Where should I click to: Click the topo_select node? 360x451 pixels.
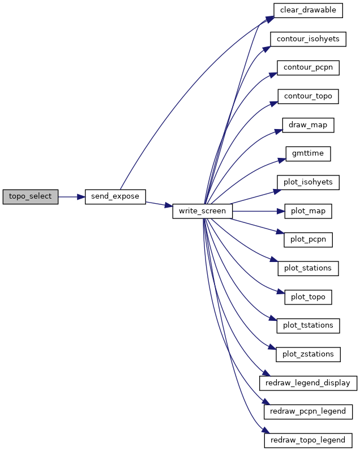(31, 197)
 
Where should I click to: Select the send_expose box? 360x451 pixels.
(115, 197)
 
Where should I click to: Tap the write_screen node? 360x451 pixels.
(202, 211)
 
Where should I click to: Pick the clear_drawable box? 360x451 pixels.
(308, 10)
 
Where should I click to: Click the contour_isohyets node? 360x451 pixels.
(308, 39)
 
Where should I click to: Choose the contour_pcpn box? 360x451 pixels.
(308, 68)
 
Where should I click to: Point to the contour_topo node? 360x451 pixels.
(308, 96)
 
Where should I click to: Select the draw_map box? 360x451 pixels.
(308, 125)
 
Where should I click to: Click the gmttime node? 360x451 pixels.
(308, 154)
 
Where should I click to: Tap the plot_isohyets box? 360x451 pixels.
(308, 182)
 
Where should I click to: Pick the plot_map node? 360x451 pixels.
(308, 211)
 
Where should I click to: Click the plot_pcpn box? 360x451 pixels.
(308, 239)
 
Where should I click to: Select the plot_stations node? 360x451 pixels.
(308, 268)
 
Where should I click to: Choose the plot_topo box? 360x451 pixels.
(308, 297)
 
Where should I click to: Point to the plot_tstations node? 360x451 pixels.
(308, 325)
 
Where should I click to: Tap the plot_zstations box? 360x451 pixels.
(308, 354)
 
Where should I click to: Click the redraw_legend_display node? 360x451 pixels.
(308, 383)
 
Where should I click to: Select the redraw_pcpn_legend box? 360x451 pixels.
(308, 411)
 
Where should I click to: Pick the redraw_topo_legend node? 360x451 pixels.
(308, 440)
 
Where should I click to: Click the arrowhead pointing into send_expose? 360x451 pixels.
(81, 197)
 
